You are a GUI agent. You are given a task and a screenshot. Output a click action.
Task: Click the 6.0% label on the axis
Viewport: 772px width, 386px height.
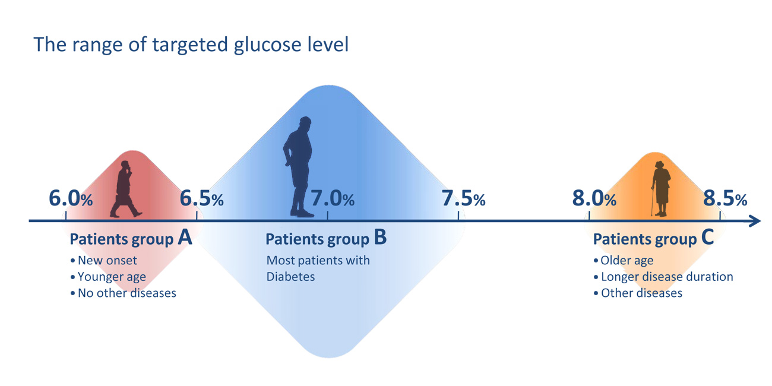pos(71,198)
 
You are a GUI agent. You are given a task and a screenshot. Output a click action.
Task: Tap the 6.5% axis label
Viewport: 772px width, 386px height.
pos(202,198)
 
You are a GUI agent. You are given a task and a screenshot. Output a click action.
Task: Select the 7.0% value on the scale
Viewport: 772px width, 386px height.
pos(333,198)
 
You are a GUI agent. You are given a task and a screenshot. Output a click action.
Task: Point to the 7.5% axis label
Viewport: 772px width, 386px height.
pos(464,198)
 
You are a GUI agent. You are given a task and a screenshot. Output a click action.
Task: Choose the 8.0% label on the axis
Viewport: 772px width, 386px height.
pos(594,198)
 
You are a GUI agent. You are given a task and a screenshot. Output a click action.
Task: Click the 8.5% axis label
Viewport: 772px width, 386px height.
pos(725,198)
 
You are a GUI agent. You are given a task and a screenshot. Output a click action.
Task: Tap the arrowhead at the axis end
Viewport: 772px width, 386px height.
pos(755,221)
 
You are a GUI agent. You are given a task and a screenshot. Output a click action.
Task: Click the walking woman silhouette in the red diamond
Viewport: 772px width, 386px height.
pos(125,189)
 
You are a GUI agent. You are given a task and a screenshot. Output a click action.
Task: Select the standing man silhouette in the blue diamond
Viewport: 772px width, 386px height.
pos(299,167)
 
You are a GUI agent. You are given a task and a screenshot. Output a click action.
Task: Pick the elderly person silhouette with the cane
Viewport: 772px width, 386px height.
pos(661,188)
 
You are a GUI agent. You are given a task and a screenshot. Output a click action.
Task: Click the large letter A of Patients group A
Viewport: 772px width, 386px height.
pos(185,237)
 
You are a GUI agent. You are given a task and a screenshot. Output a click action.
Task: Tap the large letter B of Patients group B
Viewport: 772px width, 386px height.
pos(381,237)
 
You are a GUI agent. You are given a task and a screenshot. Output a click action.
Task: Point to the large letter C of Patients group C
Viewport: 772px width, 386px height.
pos(707,237)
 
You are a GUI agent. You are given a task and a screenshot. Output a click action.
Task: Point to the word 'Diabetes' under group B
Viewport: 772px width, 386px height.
pos(290,277)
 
